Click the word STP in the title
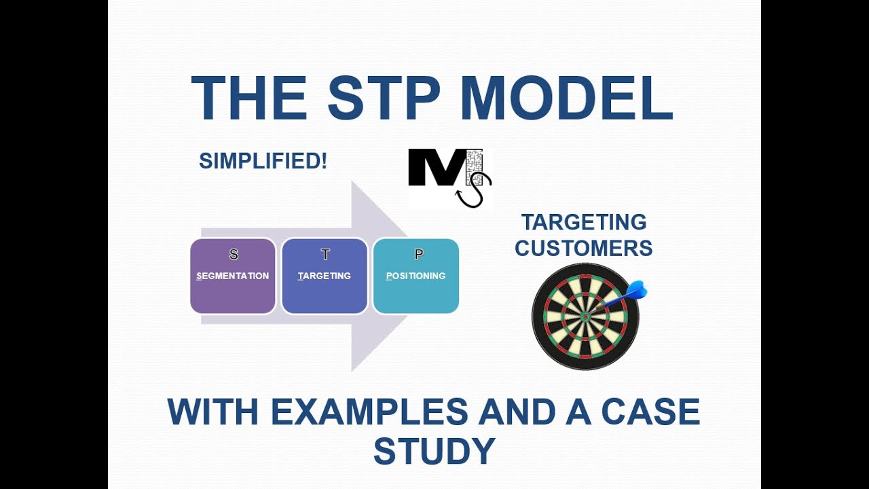(384, 98)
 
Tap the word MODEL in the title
(566, 98)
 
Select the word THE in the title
(248, 98)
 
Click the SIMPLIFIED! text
(263, 161)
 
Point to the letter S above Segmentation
(234, 255)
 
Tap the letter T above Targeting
(325, 255)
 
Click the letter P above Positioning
(418, 255)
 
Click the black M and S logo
(448, 177)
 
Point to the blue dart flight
(636, 291)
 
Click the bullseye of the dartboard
(585, 316)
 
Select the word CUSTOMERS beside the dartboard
(583, 248)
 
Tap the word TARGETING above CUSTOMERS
(583, 222)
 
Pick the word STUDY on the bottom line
(434, 452)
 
